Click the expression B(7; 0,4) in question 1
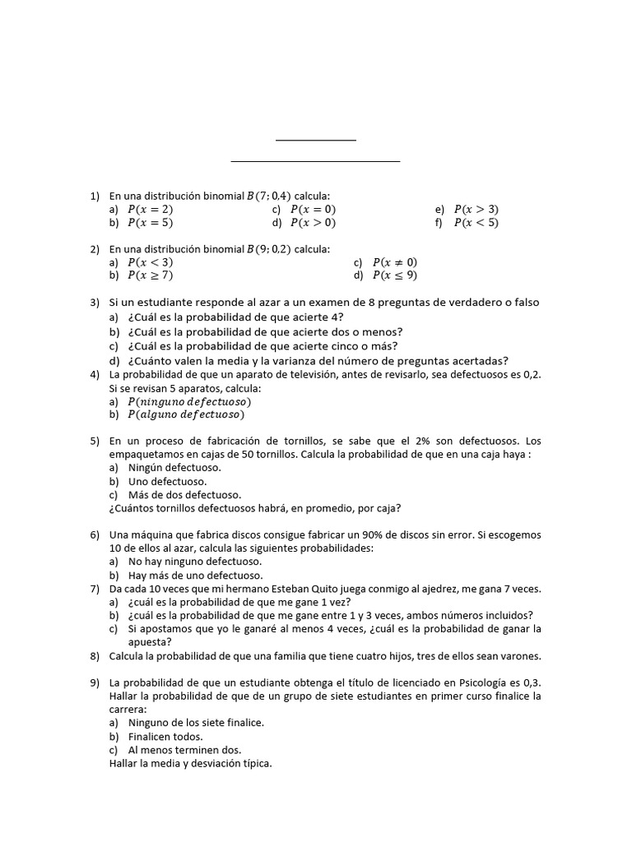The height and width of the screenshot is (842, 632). tap(268, 196)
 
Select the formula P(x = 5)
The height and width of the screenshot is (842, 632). tap(150, 223)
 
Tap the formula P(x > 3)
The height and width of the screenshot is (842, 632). tap(476, 209)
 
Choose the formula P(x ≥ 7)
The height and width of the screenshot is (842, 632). tap(150, 275)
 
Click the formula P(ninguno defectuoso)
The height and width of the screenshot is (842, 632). tap(189, 401)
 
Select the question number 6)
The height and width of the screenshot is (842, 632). tap(95, 534)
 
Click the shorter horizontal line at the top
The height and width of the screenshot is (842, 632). tap(316, 141)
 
